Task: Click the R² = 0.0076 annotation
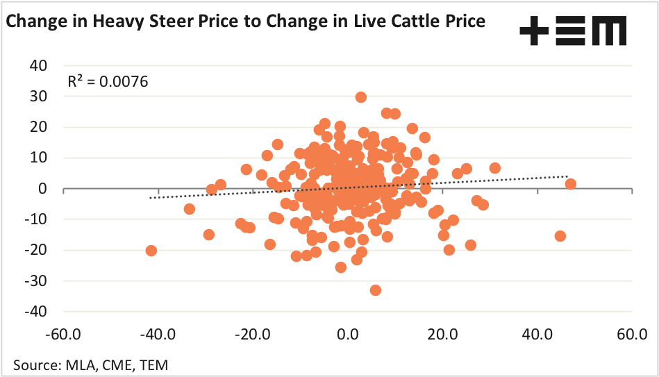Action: [108, 81]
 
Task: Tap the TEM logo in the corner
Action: [573, 32]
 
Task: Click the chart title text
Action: [245, 22]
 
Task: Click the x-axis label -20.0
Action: [253, 335]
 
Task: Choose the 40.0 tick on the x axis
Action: [537, 335]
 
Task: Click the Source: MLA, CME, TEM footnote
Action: [90, 364]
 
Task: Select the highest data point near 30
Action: [360, 97]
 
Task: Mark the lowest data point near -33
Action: [375, 290]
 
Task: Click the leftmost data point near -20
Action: [151, 251]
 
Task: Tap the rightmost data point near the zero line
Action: [570, 184]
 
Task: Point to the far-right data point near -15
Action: [560, 236]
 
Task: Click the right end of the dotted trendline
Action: [568, 176]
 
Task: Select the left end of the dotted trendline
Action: [151, 198]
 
